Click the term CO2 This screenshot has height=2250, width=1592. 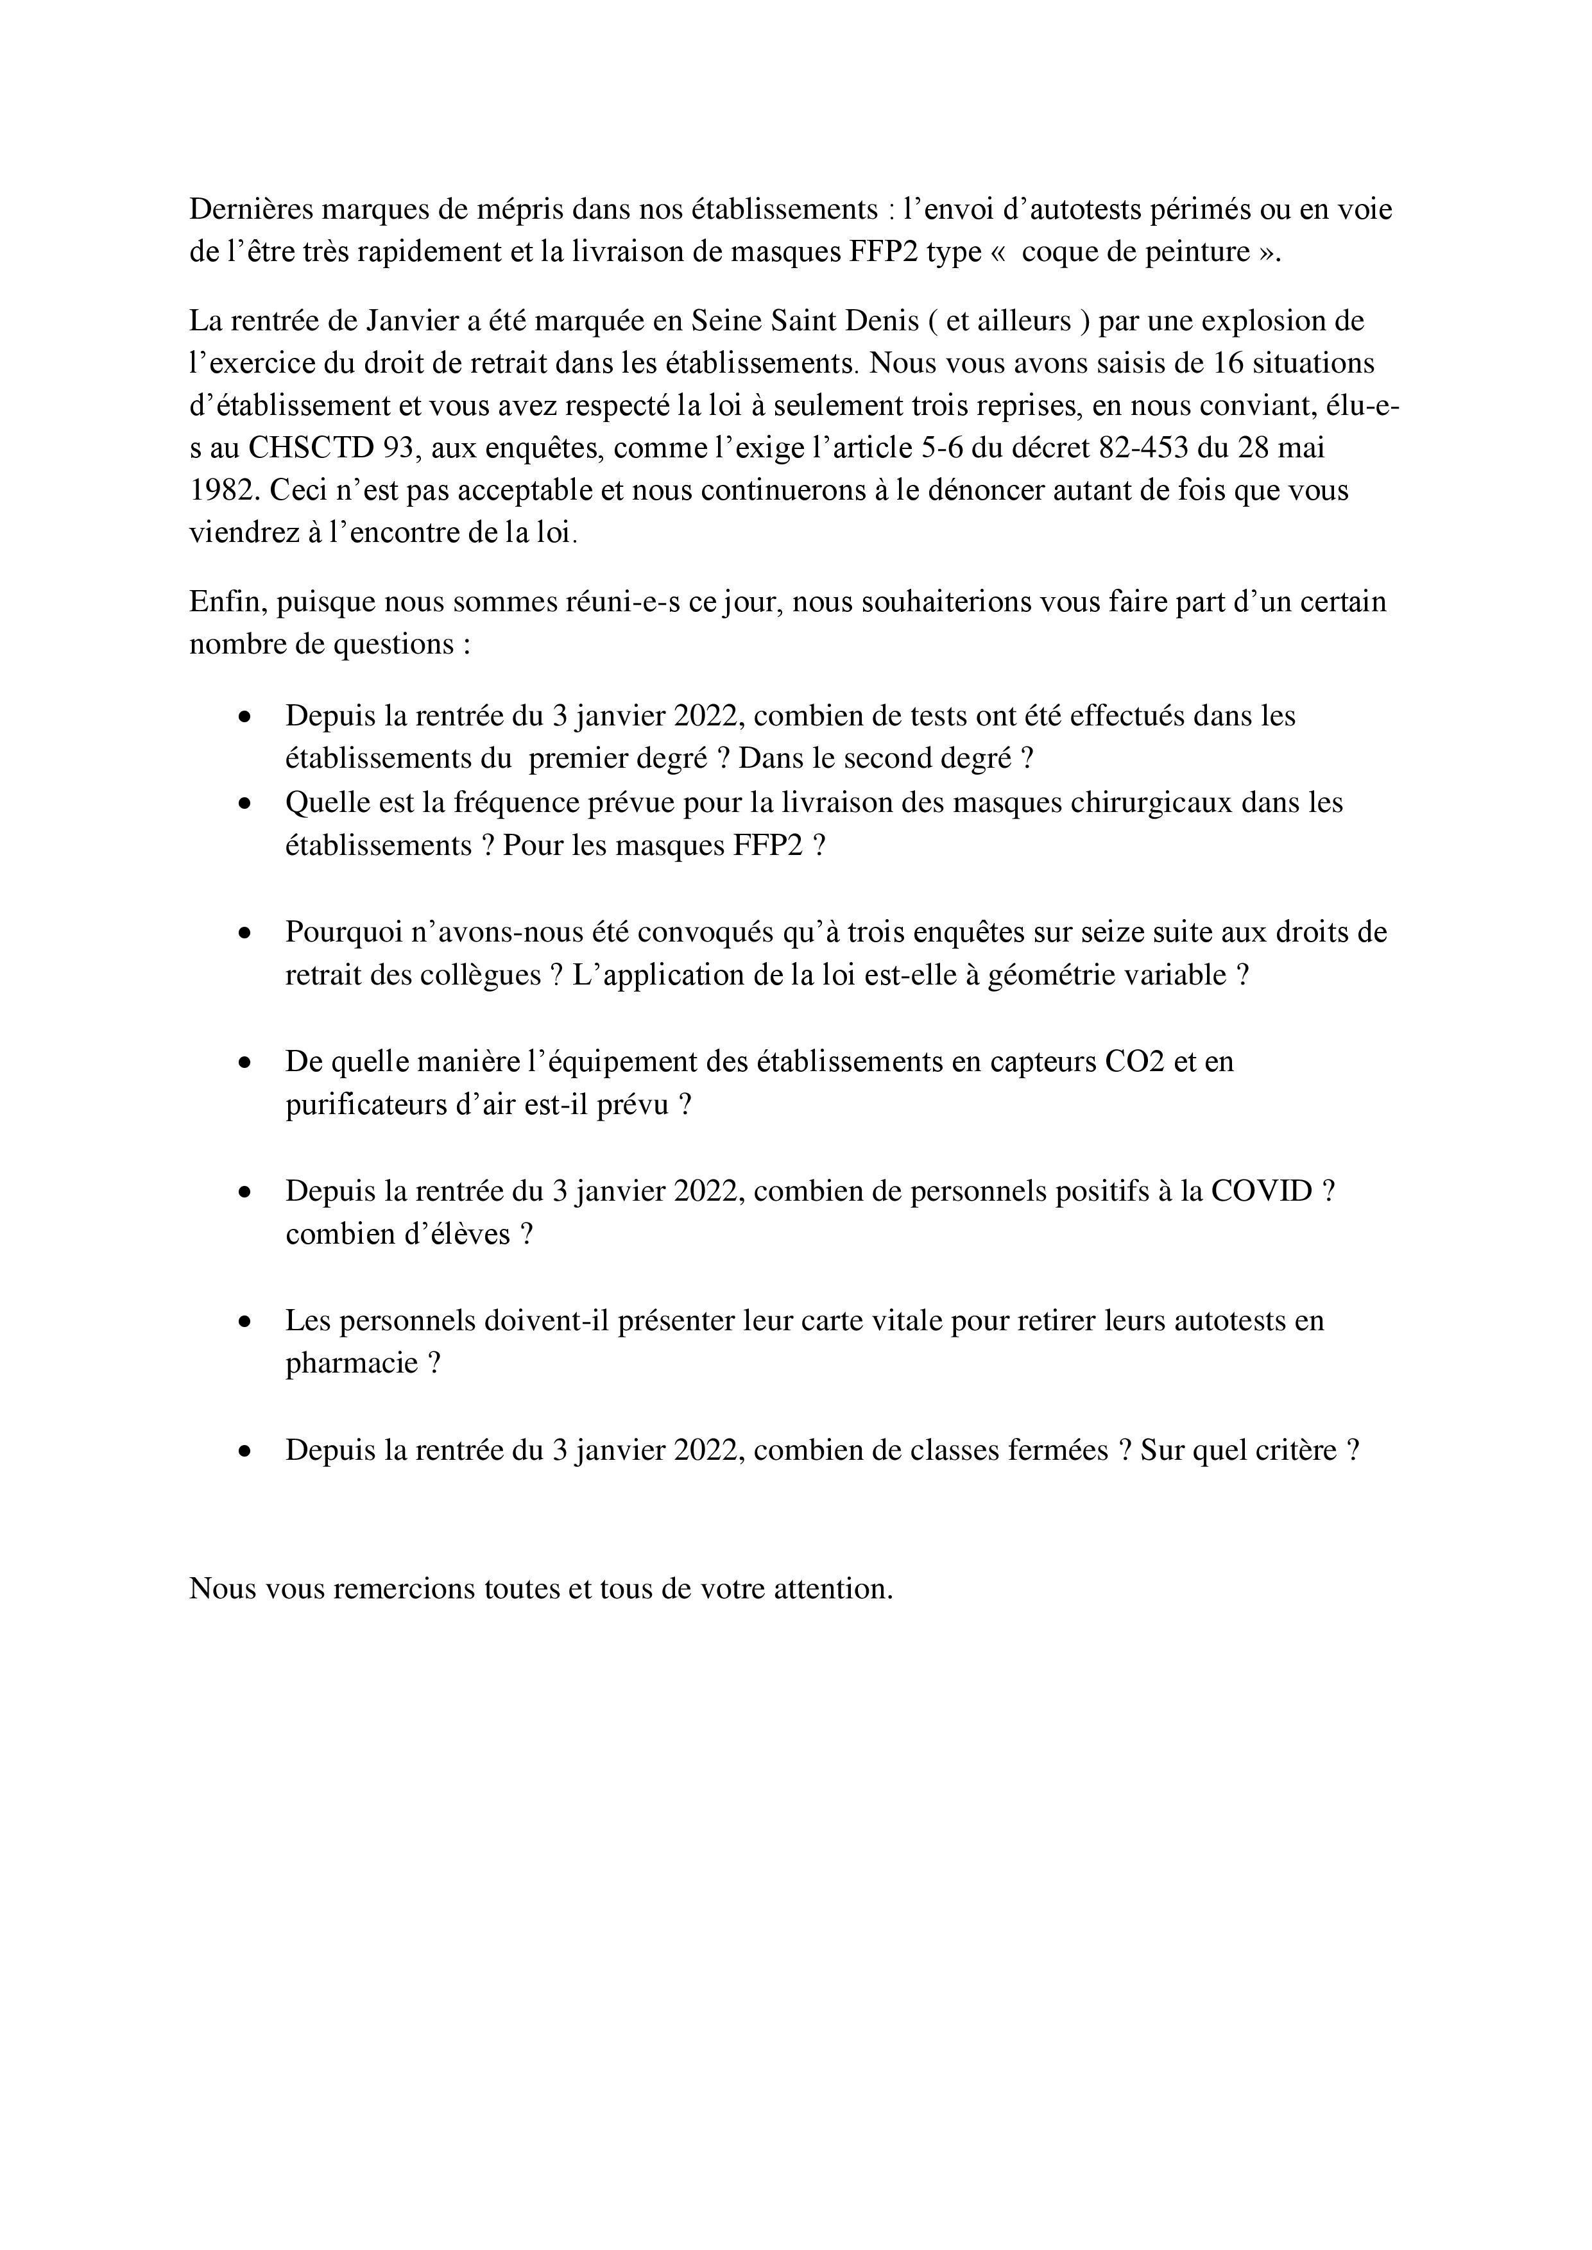1134,1062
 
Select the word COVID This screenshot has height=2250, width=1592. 1261,1192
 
